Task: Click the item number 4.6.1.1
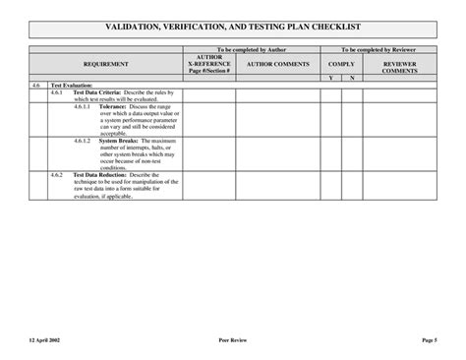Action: (x=82, y=106)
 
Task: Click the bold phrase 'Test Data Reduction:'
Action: (x=100, y=174)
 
